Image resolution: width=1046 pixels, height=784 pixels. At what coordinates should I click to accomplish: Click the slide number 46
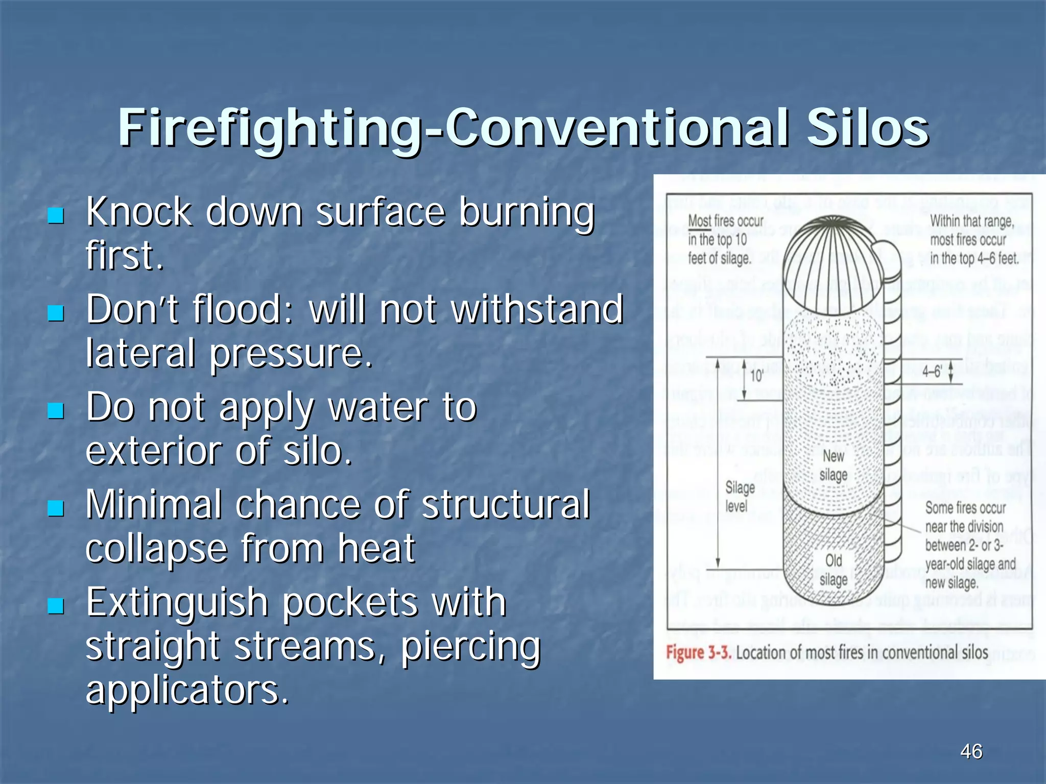[971, 751]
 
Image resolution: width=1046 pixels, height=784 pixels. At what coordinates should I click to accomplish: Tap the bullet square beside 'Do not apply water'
[56, 410]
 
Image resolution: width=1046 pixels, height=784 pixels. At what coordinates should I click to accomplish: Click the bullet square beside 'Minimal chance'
[56, 508]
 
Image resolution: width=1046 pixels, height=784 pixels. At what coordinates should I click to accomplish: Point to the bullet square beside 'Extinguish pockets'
[56, 606]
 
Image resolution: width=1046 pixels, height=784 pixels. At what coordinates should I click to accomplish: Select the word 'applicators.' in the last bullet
[187, 690]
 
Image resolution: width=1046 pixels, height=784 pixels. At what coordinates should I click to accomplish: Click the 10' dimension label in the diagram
[756, 376]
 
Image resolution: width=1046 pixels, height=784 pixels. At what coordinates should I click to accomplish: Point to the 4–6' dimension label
[932, 371]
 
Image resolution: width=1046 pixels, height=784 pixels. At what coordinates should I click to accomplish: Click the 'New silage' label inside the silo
[834, 465]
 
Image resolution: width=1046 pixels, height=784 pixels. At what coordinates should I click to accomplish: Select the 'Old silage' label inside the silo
[834, 570]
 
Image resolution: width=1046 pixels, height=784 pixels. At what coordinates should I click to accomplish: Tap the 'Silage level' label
[740, 497]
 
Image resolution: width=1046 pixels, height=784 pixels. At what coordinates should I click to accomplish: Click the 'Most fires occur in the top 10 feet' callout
[725, 240]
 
